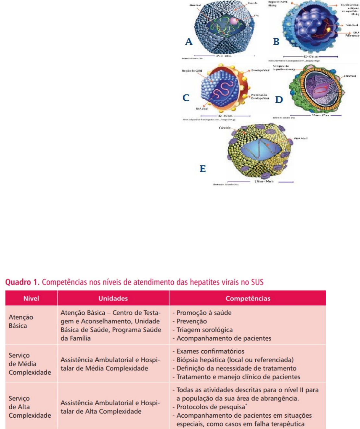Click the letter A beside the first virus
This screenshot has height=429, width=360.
click(189, 42)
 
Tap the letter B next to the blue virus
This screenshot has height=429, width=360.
click(276, 42)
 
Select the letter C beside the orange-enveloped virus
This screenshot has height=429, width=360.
click(186, 98)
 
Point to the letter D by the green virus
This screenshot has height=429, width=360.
click(279, 100)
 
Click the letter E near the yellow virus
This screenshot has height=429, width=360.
click(203, 169)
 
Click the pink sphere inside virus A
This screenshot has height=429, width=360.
click(234, 21)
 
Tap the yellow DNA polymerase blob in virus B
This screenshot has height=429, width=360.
click(329, 30)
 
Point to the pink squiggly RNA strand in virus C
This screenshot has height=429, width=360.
click(224, 89)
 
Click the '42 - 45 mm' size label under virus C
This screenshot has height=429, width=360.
click(225, 116)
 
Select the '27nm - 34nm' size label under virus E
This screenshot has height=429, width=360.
click(264, 181)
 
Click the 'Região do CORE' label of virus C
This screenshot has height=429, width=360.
click(192, 71)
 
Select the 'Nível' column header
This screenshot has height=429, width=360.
click(31, 298)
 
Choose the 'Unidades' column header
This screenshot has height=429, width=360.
click(113, 298)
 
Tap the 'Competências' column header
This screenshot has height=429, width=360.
click(248, 298)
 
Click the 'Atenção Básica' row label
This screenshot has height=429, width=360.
click(21, 322)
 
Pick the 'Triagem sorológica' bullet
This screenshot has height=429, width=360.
click(204, 330)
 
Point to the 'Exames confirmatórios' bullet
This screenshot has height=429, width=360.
click(210, 351)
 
